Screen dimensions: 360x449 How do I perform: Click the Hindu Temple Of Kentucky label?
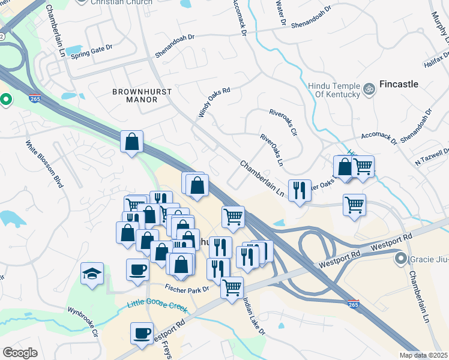point(334,89)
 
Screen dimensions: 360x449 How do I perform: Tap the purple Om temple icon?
point(369,89)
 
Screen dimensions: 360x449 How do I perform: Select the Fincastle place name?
point(399,84)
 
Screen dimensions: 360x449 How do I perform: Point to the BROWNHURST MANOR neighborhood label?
point(142,96)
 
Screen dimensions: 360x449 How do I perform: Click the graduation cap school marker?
point(92,274)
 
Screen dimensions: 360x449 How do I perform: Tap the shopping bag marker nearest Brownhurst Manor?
point(132,142)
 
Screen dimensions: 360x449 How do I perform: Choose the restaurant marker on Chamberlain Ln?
point(299,191)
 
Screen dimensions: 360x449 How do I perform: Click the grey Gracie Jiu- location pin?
point(400,259)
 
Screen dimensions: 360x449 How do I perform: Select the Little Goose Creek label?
point(157,306)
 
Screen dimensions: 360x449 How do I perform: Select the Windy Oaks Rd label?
point(214,103)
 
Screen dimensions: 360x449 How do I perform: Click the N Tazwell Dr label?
point(430,157)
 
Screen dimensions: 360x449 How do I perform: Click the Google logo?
point(20,353)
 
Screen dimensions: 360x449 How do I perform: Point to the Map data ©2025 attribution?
point(423,355)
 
